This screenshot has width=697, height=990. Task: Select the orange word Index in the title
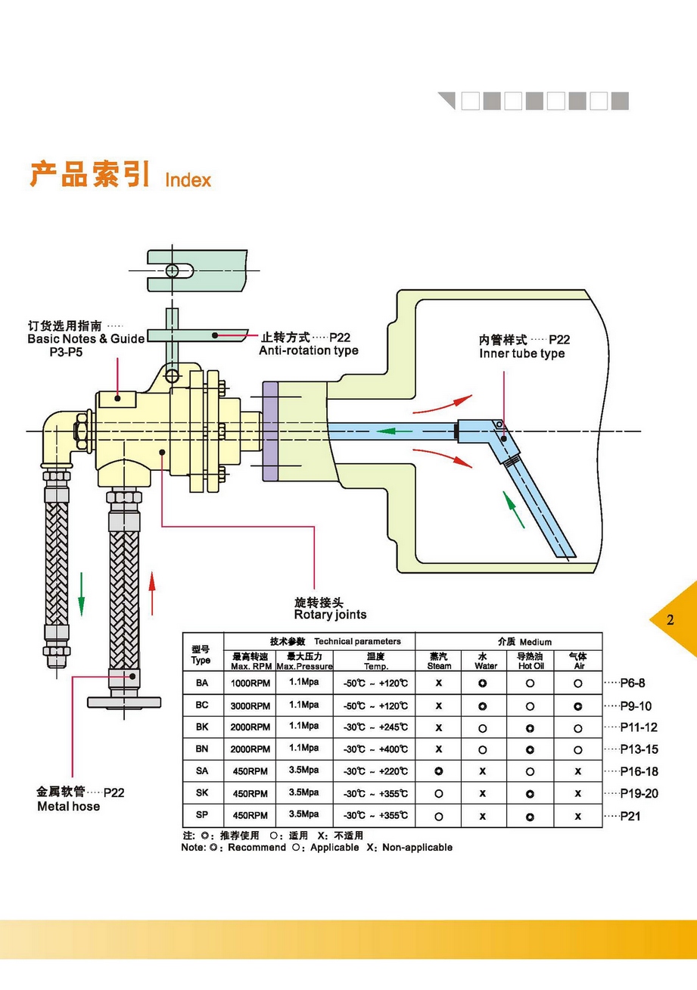[x=188, y=180]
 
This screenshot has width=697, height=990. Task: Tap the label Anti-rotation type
[x=308, y=351]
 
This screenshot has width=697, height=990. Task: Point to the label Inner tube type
[x=521, y=353]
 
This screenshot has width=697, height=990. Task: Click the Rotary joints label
[x=330, y=615]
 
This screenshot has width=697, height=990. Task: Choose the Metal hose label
[x=68, y=807]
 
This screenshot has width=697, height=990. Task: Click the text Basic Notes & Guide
[x=86, y=339]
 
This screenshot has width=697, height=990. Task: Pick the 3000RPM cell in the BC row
[x=250, y=706]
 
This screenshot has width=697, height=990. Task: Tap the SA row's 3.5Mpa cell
[x=303, y=771]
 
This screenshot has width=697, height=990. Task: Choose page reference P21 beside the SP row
[x=630, y=816]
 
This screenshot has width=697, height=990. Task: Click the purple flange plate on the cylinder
[x=270, y=431]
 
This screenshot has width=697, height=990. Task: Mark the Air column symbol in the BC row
[x=577, y=706]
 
